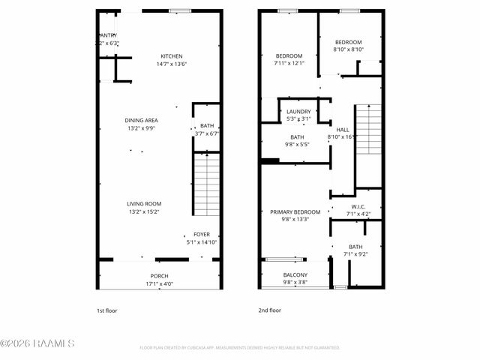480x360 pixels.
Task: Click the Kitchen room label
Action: point(171,56)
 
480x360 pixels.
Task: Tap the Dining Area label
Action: point(141,120)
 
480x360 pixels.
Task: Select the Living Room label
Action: point(143,204)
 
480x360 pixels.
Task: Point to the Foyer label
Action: point(202,235)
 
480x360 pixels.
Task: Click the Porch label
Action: point(159,276)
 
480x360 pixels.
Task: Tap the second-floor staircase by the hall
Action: point(368,130)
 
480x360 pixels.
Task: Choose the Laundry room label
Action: point(298,112)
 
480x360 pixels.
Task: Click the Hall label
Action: point(343,129)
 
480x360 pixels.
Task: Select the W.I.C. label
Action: point(357,207)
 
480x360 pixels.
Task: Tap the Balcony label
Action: point(295,275)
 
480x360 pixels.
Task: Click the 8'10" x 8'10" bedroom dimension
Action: point(348,49)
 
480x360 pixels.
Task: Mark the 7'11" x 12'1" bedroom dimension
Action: point(289,64)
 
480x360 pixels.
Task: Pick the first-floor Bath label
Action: point(207,126)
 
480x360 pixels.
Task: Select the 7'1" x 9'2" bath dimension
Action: point(355,254)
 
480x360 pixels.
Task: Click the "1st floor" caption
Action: point(106,310)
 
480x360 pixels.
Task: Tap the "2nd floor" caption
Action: point(269,310)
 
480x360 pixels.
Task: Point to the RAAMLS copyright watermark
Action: point(37,344)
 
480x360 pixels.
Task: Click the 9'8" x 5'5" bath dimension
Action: point(297,145)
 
